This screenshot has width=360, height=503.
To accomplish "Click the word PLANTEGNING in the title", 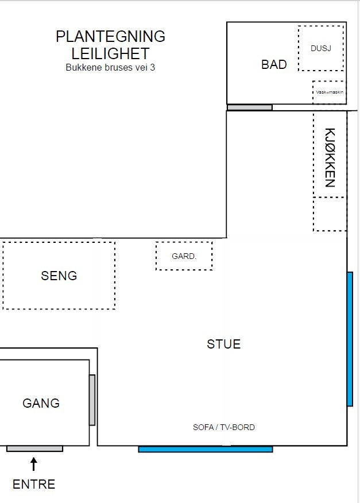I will coord(110,37).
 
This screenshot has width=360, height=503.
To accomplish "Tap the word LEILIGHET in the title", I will coord(110,53).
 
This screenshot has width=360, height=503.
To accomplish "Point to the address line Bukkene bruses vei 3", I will coord(110,67).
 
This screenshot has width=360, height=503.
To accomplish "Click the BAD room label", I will coord(274,64).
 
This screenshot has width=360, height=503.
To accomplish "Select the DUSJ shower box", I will coord(321,48).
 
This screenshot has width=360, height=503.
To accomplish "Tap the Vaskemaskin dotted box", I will coord(329,92).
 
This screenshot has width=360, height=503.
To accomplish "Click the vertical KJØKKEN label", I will coord(330,157).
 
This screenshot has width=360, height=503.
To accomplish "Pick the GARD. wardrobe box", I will coord(184,256).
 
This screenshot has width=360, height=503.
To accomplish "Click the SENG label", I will coord(59,276).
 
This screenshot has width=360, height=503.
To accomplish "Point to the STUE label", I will coord(223,345).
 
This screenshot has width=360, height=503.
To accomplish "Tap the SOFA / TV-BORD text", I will coord(223,427).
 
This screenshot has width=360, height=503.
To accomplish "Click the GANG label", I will coord(41,403).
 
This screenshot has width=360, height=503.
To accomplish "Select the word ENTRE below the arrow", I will coord(34,484).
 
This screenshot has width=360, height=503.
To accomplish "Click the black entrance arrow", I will coord(34,463).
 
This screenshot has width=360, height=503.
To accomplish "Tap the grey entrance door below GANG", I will coord(34,448).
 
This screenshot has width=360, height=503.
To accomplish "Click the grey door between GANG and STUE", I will coord(92,400).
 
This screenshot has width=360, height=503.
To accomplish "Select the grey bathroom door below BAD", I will coord(249,107).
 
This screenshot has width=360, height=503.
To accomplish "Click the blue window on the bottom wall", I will coord(205,449).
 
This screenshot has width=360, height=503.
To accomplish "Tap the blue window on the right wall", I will coord(350,339).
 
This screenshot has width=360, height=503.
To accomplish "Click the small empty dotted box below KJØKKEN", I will coord(330,214).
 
